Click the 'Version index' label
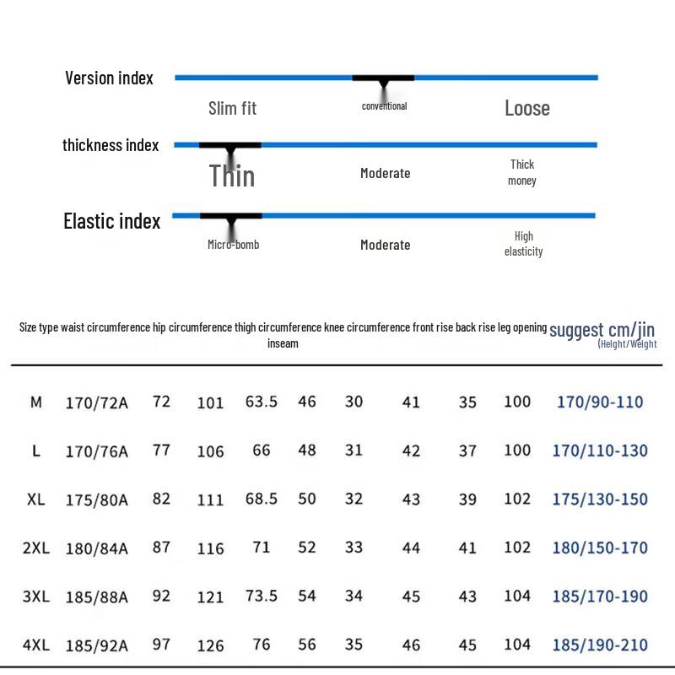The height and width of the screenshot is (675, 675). point(109,78)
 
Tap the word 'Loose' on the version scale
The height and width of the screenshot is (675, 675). point(526,108)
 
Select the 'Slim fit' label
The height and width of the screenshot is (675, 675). point(233,109)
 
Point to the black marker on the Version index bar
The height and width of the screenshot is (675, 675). point(383,78)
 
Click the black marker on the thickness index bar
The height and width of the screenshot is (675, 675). point(229,145)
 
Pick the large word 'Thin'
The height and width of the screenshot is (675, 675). point(231,175)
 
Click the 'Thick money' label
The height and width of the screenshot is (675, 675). point(522,172)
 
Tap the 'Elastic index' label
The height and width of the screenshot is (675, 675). point(112,221)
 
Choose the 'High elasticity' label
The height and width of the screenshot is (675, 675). point(523,244)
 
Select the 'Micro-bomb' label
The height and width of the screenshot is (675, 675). point(234,245)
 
